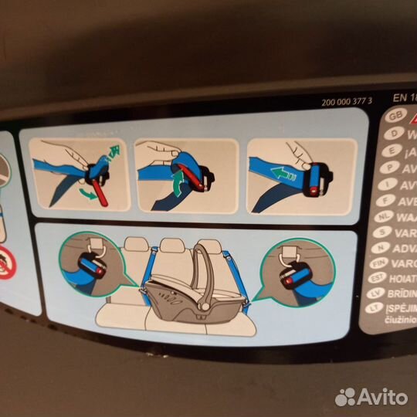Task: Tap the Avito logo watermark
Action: point(371,396)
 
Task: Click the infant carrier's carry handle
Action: point(204,266)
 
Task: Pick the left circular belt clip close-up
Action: point(90,264)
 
